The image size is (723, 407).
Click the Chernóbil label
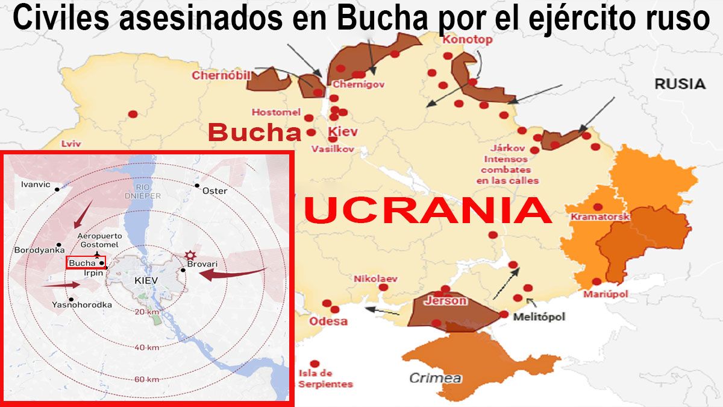pos(221,75)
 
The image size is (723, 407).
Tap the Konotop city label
pos(468,40)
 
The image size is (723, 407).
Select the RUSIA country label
pos(680,84)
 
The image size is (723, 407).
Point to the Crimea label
pos(436,378)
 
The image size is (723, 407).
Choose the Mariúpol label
pos(606,294)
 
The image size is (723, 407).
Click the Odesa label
pos(328,321)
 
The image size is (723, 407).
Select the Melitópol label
pos(539,317)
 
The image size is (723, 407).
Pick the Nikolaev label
pos(375,279)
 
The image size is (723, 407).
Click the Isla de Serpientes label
pos(325,379)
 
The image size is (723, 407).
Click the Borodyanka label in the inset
pos(39,249)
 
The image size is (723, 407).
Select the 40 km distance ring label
pos(147,347)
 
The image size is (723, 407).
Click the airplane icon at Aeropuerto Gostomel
pos(98,254)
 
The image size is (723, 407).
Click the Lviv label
pos(71,144)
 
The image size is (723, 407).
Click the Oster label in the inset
pos(214,191)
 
